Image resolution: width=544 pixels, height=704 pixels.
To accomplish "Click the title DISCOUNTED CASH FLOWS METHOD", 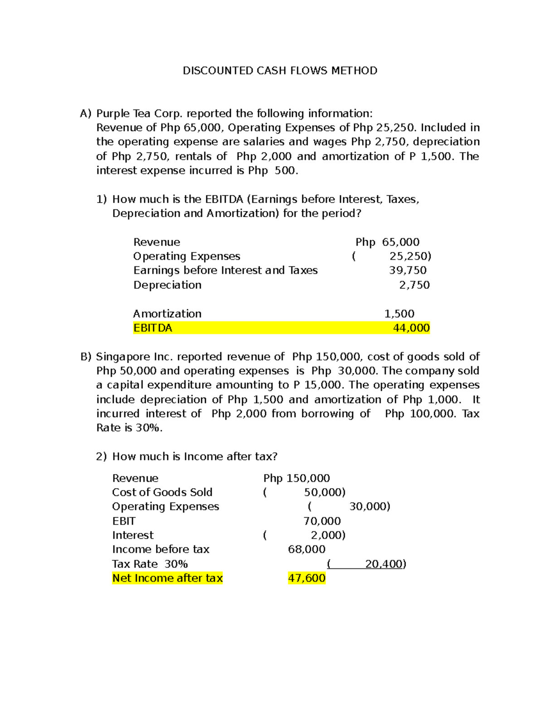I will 280,71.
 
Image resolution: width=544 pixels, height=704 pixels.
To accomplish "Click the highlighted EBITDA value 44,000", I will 411,328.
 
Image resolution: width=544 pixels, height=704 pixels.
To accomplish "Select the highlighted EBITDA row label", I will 153,328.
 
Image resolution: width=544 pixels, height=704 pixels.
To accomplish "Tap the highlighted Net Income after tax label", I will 167,578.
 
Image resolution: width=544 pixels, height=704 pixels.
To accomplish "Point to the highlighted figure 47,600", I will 306,578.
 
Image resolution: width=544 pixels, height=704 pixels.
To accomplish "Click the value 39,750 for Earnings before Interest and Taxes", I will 408,270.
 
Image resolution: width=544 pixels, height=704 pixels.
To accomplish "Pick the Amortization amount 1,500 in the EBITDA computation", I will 399,314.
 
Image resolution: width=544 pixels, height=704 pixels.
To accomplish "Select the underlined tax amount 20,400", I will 385,564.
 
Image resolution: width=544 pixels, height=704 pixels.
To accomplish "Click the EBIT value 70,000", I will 322,521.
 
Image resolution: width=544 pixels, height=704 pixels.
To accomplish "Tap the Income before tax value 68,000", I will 306,549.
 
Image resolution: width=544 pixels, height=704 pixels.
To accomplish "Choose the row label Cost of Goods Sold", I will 162,492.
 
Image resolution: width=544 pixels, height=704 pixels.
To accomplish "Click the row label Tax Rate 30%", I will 150,564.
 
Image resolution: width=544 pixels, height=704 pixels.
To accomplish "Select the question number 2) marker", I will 101,456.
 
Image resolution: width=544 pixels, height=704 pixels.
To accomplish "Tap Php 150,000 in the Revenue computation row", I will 296,478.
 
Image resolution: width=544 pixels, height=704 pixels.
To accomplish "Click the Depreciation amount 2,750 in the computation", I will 414,285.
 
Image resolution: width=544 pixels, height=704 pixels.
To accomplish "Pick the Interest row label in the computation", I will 133,535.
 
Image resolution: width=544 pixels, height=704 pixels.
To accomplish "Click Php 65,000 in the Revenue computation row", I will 387,242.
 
